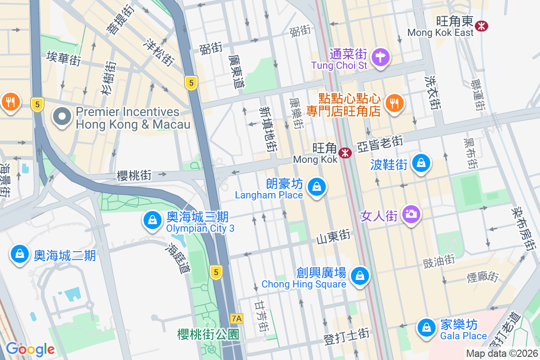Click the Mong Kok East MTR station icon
click(x=481, y=26)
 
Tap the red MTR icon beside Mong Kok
click(x=345, y=153)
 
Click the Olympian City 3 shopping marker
click(x=153, y=220)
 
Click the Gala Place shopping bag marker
click(x=426, y=327)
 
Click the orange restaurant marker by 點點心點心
click(x=395, y=103)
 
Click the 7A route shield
click(x=236, y=319)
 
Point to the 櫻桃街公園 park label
click(x=208, y=334)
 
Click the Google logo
click(x=30, y=349)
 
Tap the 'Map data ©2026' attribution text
click(x=502, y=354)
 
